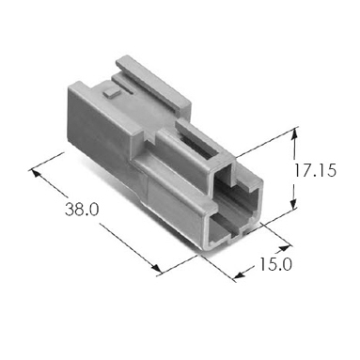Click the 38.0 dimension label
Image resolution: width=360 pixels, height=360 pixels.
(x=82, y=210)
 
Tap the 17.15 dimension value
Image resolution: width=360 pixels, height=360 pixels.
(x=316, y=171)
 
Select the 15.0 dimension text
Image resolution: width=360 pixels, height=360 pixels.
(x=275, y=264)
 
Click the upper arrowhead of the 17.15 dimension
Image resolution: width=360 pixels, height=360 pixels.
(x=294, y=133)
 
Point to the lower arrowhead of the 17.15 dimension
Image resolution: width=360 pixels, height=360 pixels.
(x=293, y=204)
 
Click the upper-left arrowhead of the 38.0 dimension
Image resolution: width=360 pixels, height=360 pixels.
(x=36, y=173)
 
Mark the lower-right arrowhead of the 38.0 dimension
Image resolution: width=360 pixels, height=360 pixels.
(x=156, y=269)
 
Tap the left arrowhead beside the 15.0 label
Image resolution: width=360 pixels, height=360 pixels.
(x=239, y=274)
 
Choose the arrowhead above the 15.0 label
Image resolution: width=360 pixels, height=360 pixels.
(x=285, y=248)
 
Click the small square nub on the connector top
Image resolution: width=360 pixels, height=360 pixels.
(x=112, y=93)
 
